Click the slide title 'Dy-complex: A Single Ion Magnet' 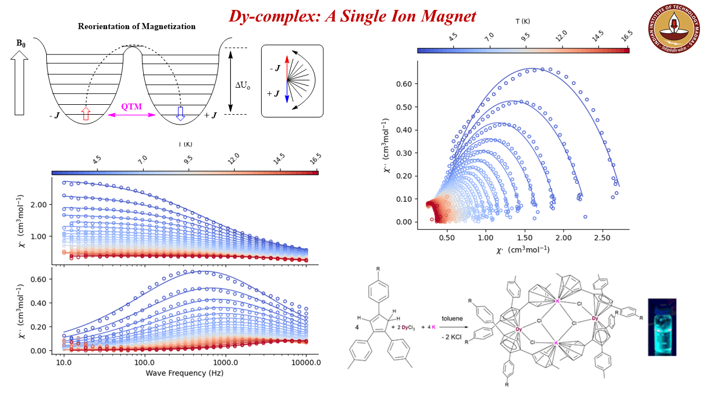(352, 16)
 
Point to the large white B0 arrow (20, 83)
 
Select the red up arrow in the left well (85, 114)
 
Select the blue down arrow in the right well (180, 112)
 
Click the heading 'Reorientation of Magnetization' (137, 26)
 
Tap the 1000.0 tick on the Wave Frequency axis (225, 364)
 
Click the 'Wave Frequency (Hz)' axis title (185, 373)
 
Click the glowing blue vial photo (662, 327)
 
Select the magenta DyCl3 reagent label (405, 328)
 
